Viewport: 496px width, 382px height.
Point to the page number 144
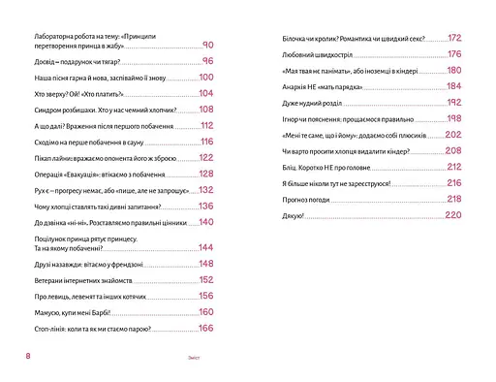click(x=204, y=247)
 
